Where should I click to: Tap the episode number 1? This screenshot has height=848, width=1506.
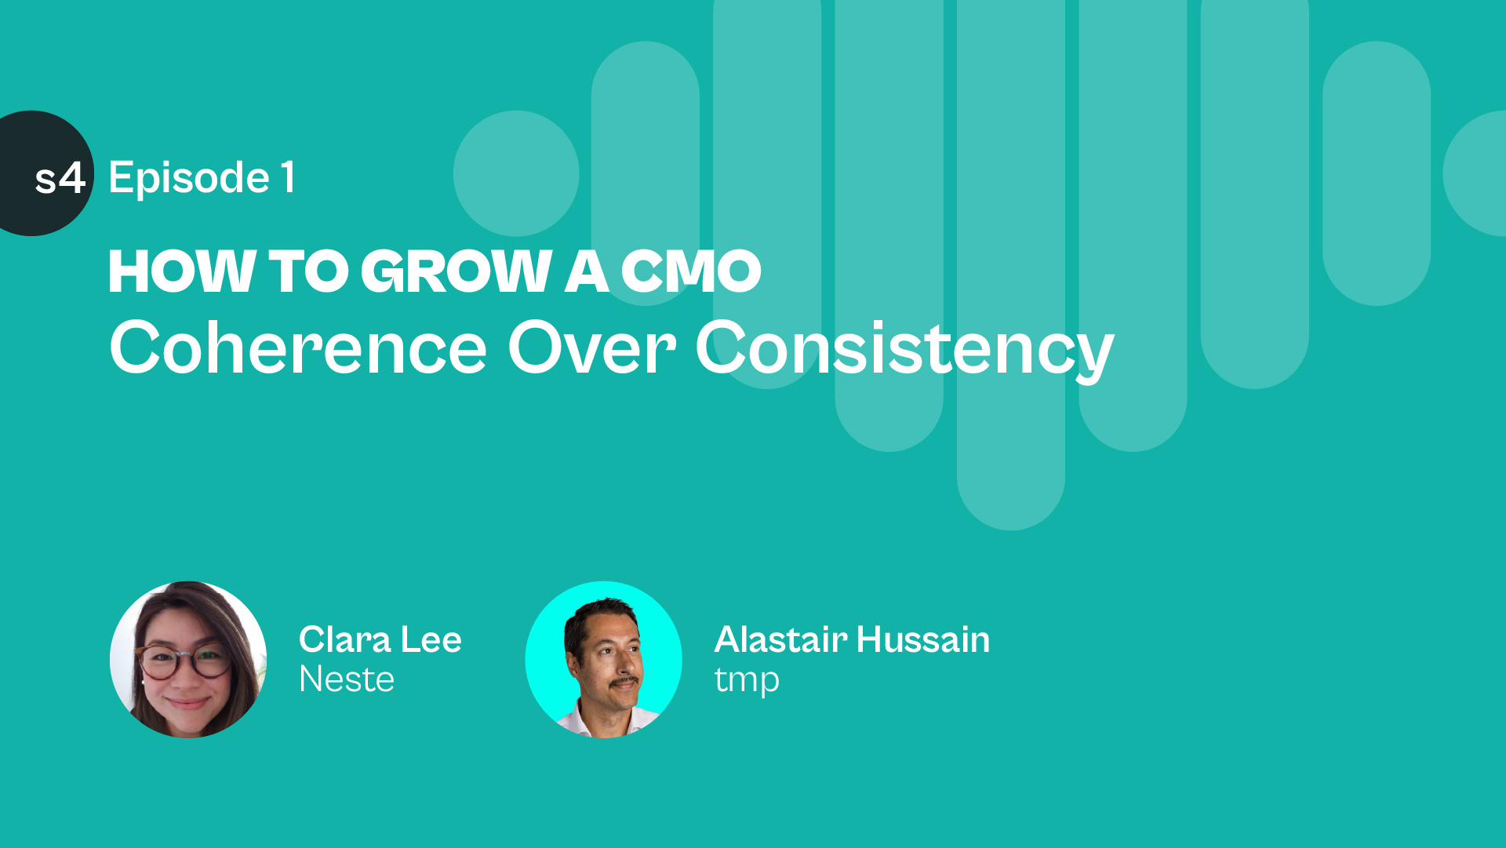[289, 177]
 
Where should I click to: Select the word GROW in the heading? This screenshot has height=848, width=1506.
[456, 272]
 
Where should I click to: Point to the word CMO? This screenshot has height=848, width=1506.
[691, 272]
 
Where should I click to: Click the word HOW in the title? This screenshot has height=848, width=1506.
[182, 272]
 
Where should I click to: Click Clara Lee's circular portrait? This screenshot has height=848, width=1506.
[188, 660]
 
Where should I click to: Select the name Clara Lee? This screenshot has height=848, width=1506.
[380, 639]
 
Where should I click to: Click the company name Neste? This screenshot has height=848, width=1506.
[347, 679]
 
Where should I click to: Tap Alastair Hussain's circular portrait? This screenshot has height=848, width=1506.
[604, 660]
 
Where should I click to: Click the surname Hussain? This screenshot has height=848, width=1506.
[923, 639]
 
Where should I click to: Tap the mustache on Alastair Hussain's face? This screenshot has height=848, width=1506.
[624, 681]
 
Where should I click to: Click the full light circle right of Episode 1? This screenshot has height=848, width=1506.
[516, 173]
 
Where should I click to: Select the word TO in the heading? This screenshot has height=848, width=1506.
[308, 272]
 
